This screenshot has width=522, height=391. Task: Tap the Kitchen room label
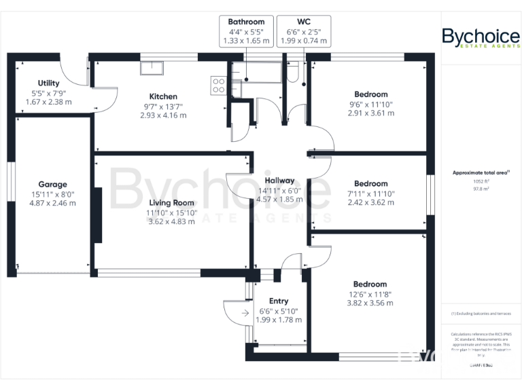coord(163,96)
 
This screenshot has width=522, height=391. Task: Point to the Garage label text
coord(52,184)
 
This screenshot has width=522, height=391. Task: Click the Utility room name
coord(48,83)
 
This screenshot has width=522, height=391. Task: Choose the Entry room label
coord(279,301)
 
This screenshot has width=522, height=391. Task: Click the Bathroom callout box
coord(246,31)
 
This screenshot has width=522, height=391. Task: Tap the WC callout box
coord(303,31)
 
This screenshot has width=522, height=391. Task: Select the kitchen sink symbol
coord(152,68)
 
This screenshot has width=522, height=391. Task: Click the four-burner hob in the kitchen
coord(219,86)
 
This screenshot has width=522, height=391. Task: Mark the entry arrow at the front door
coord(234,312)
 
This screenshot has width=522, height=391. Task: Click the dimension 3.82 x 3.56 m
coord(370,305)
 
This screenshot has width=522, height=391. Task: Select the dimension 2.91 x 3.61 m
coord(370,115)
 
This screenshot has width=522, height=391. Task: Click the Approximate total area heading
coord(481,173)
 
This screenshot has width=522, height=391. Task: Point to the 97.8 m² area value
coord(481,189)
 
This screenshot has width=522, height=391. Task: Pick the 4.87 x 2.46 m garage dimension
coord(52,203)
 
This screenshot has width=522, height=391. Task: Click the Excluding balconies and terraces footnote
coord(481,314)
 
